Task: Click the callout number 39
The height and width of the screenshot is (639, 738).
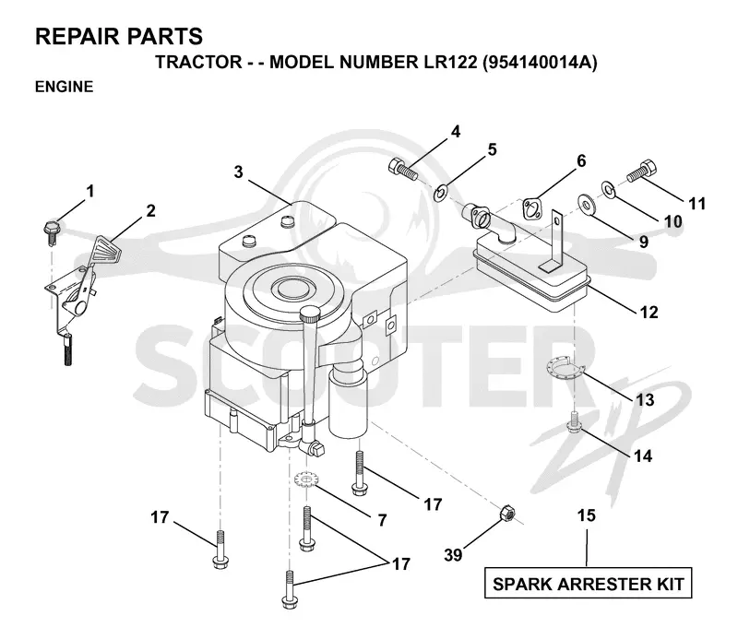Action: (x=453, y=555)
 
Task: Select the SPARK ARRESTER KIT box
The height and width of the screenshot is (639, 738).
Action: (x=588, y=584)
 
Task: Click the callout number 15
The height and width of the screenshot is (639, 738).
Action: (x=587, y=515)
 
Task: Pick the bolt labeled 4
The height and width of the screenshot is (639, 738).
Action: (x=403, y=170)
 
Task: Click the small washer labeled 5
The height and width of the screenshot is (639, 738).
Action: (x=441, y=193)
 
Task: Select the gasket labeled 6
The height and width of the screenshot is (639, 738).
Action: (x=532, y=207)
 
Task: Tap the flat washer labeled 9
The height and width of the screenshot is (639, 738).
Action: (x=586, y=203)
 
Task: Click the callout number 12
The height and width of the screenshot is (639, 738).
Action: (x=649, y=312)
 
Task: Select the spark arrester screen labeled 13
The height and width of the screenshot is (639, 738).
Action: (x=565, y=367)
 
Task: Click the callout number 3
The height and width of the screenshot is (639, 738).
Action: (x=239, y=172)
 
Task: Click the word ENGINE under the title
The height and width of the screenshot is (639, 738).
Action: (x=64, y=87)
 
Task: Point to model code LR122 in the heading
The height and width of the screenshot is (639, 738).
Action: (x=450, y=62)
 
